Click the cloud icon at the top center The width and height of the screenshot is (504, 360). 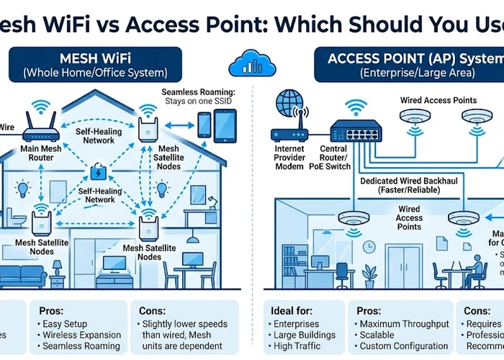(x=251, y=63)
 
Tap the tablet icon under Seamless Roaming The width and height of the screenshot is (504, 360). (x=225, y=125)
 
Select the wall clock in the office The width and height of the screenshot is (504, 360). (x=369, y=246)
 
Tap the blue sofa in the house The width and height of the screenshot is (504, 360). (x=23, y=275)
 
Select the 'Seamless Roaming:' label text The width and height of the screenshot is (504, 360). (x=198, y=93)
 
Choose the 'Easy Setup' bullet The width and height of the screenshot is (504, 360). (x=71, y=324)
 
